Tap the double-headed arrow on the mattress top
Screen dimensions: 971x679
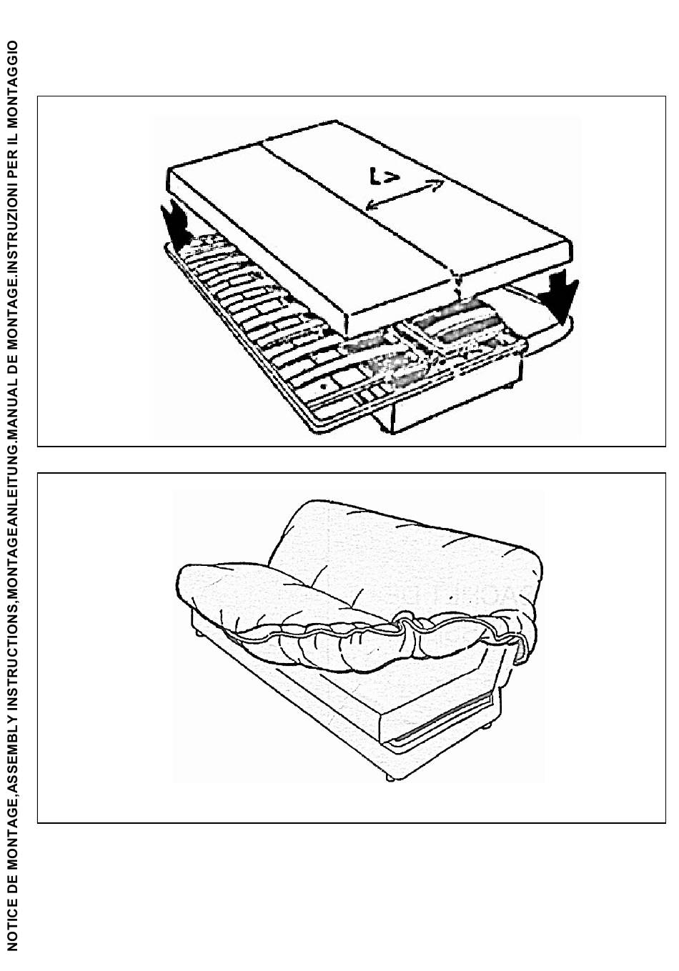(x=405, y=194)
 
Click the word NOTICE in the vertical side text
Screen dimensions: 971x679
(x=12, y=925)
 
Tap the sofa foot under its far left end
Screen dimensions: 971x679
(x=196, y=633)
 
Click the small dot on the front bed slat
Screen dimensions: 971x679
(x=324, y=384)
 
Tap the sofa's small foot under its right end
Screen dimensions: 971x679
(x=488, y=727)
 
